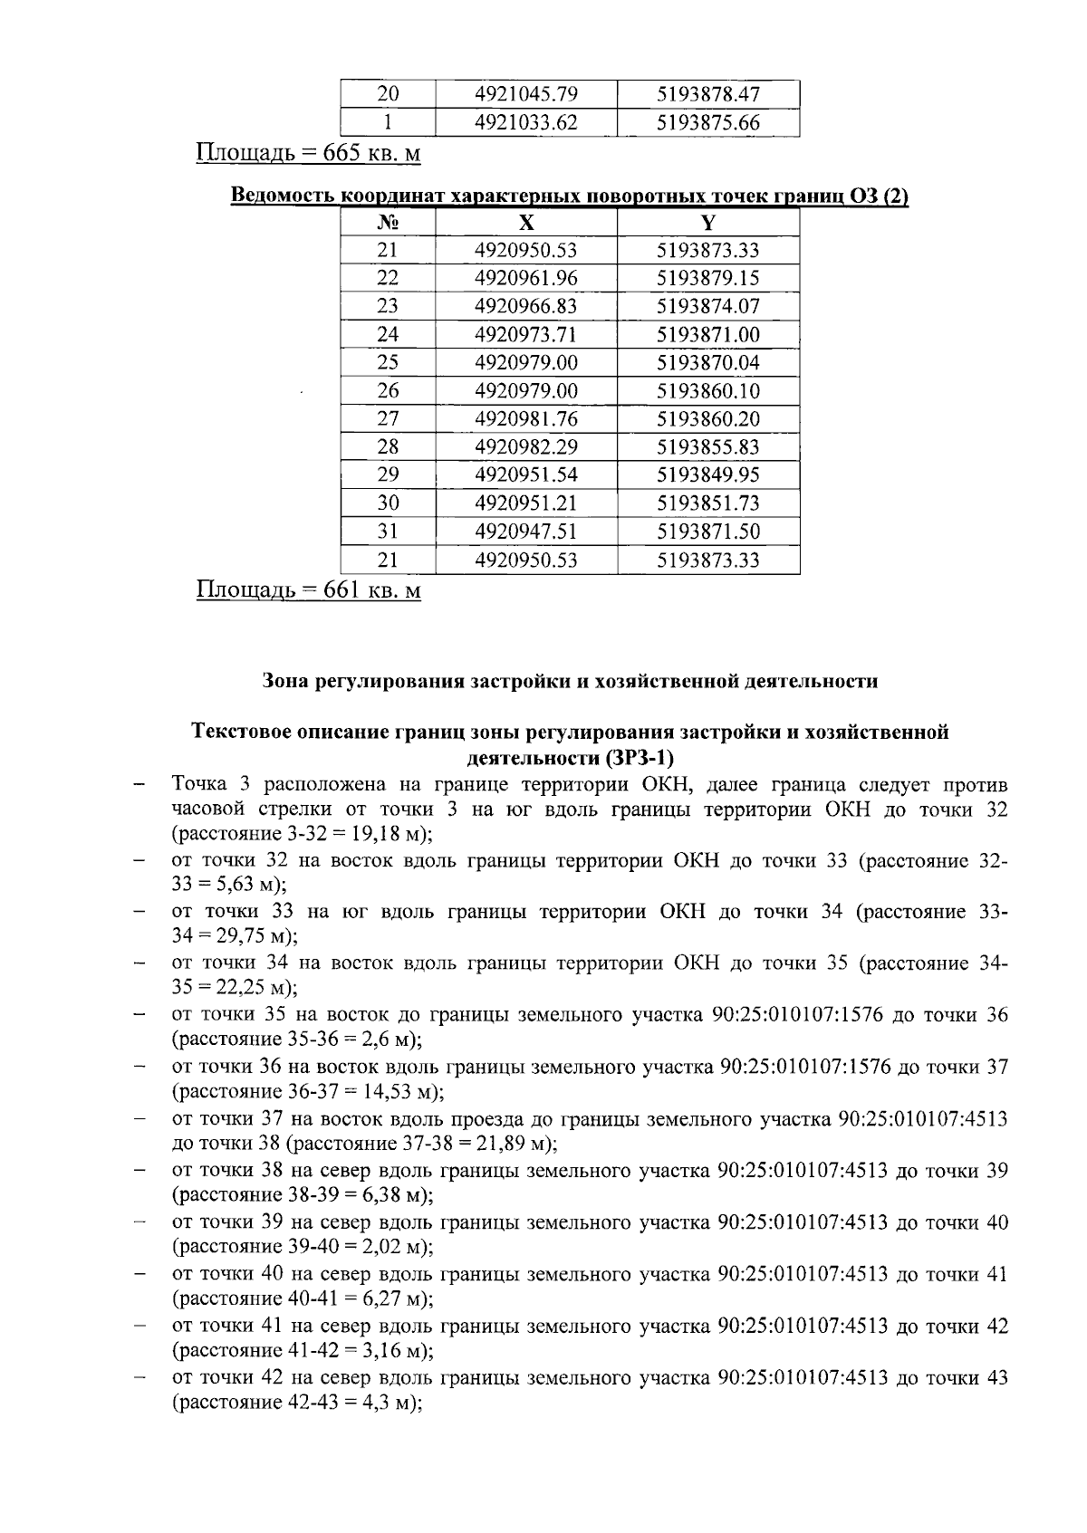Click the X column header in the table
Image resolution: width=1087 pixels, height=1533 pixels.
pyautogui.click(x=526, y=223)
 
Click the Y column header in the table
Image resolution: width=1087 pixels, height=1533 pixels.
pyautogui.click(x=708, y=223)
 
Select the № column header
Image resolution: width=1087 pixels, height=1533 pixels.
pyautogui.click(x=388, y=223)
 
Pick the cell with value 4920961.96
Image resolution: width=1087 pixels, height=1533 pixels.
pyautogui.click(x=526, y=279)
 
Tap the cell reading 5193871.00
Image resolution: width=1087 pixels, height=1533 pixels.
pyautogui.click(x=708, y=335)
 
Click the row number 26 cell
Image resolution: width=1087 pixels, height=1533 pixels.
pyautogui.click(x=388, y=391)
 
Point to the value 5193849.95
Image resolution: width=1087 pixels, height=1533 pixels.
pyautogui.click(x=708, y=475)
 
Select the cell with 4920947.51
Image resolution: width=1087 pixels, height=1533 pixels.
pyautogui.click(x=526, y=532)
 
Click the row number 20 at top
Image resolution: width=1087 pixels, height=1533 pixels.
pyautogui.click(x=388, y=94)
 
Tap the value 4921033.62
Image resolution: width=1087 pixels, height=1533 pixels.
pyautogui.click(x=526, y=122)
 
